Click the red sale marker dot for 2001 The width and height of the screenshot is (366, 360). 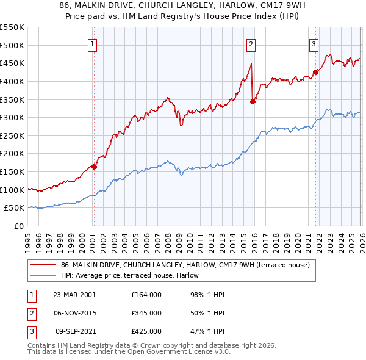point(94,166)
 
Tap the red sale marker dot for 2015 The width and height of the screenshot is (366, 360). point(253,101)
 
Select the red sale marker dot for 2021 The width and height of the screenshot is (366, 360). point(315,72)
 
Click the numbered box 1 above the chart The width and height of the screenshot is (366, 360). point(92,43)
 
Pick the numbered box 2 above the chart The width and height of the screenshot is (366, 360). point(251,43)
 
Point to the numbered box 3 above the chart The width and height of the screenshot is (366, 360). point(314,43)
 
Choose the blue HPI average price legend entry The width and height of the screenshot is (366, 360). point(134,275)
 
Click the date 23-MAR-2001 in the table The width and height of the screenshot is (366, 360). point(74,295)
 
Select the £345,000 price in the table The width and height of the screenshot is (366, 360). point(146,313)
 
